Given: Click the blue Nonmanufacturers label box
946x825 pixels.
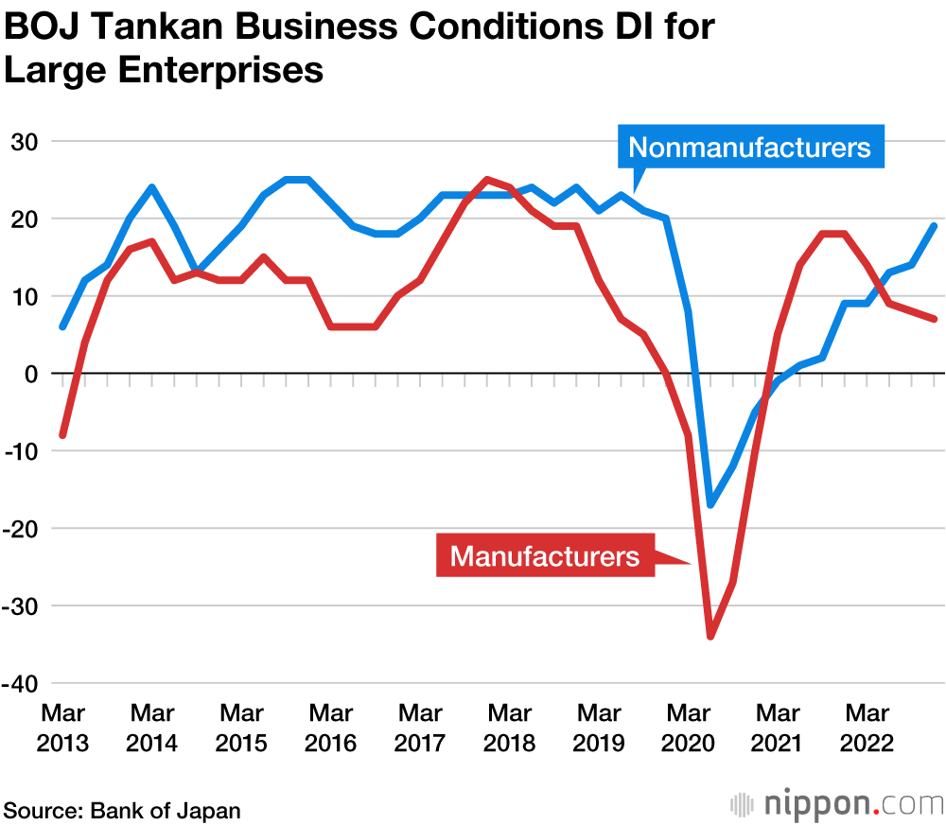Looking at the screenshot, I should point(749,148).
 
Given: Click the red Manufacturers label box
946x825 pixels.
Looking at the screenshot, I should point(545,555).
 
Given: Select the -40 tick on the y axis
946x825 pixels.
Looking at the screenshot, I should point(26,683).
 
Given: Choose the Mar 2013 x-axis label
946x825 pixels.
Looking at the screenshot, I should point(62,727).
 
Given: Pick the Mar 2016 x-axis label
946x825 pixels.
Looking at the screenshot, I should point(330,727).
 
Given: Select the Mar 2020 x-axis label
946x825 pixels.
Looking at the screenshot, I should point(689,727).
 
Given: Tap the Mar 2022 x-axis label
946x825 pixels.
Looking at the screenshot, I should point(867,727).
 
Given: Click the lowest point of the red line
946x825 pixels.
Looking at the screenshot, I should point(710,637).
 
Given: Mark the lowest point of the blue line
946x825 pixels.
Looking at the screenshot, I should point(710,505).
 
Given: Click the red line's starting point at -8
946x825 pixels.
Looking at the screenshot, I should point(62,435).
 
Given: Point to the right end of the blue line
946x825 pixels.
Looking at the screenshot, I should point(934,226).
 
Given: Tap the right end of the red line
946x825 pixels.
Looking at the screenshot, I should point(934,319).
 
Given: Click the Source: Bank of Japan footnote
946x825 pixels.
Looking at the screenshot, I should point(123,810).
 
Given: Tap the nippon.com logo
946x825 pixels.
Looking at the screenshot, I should point(836,805).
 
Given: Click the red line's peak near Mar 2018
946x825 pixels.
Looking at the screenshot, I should point(487,180).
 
